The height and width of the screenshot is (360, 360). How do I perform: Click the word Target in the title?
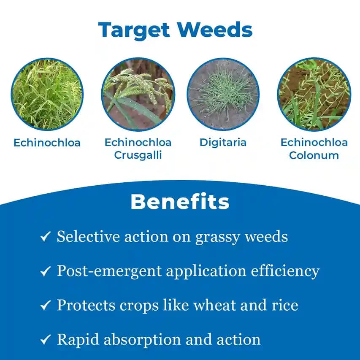pos(134,30)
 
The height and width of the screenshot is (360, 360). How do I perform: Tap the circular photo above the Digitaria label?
pos(223,94)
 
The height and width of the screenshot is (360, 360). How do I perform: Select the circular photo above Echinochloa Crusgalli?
pos(138,94)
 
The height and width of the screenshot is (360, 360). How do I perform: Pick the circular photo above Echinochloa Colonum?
pos(314,94)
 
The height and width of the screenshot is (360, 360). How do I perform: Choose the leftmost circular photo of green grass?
pos(47,94)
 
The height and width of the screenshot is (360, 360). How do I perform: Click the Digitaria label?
pos(223,142)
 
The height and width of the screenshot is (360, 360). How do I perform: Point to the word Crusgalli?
pos(138,155)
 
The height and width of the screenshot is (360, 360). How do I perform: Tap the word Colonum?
pos(314,155)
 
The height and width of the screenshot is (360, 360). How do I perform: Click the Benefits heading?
pos(180,202)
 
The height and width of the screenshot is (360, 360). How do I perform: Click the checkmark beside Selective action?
pos(45,237)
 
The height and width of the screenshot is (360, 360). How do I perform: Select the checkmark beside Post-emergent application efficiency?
pos(45,271)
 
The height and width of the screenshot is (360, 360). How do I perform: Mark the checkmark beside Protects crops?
pos(45,306)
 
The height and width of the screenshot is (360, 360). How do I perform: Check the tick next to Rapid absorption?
pos(45,340)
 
